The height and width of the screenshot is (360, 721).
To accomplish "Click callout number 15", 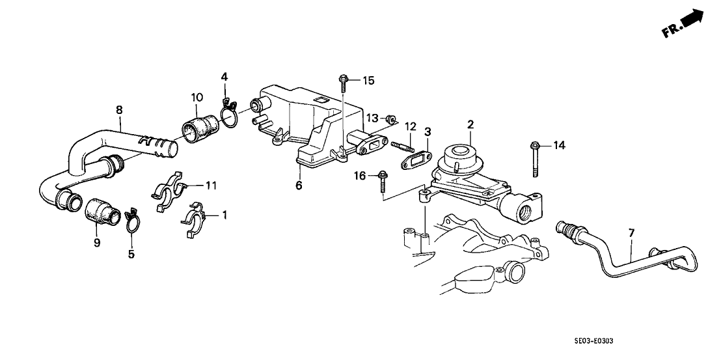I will click(x=368, y=81).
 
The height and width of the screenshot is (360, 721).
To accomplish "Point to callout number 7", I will click(x=630, y=232).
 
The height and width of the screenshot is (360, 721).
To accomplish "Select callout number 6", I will click(x=299, y=186).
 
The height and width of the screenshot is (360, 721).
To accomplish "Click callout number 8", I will click(x=119, y=110).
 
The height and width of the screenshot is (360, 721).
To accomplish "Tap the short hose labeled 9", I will click(x=100, y=212).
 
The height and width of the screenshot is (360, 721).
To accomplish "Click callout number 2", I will click(x=470, y=123).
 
